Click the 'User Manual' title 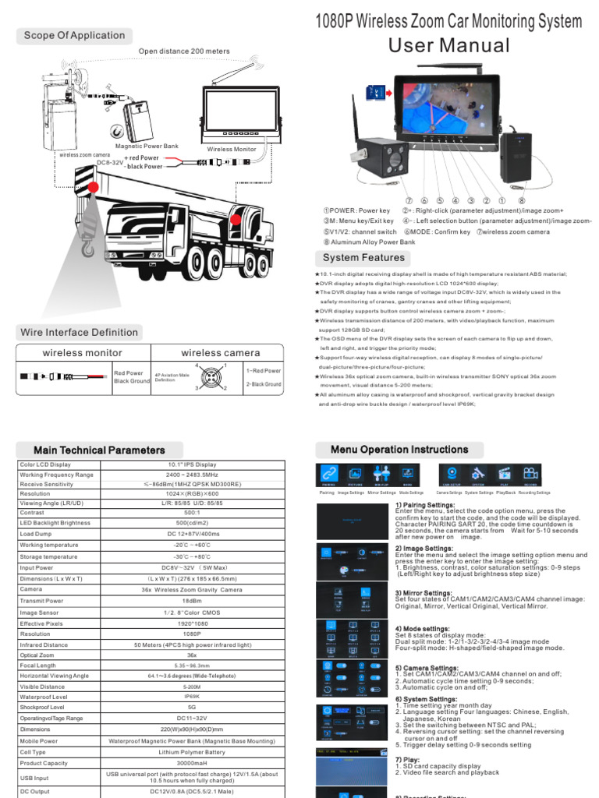tap(448, 45)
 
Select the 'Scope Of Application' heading tap(74, 35)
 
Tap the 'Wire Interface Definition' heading tap(80, 332)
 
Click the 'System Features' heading tap(363, 257)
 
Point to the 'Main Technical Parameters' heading tap(99, 450)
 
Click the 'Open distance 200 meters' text tap(184, 51)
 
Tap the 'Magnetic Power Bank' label tap(147, 146)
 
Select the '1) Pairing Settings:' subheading tap(426, 505)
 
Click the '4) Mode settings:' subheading tap(423, 628)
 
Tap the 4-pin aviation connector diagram tap(211, 377)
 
